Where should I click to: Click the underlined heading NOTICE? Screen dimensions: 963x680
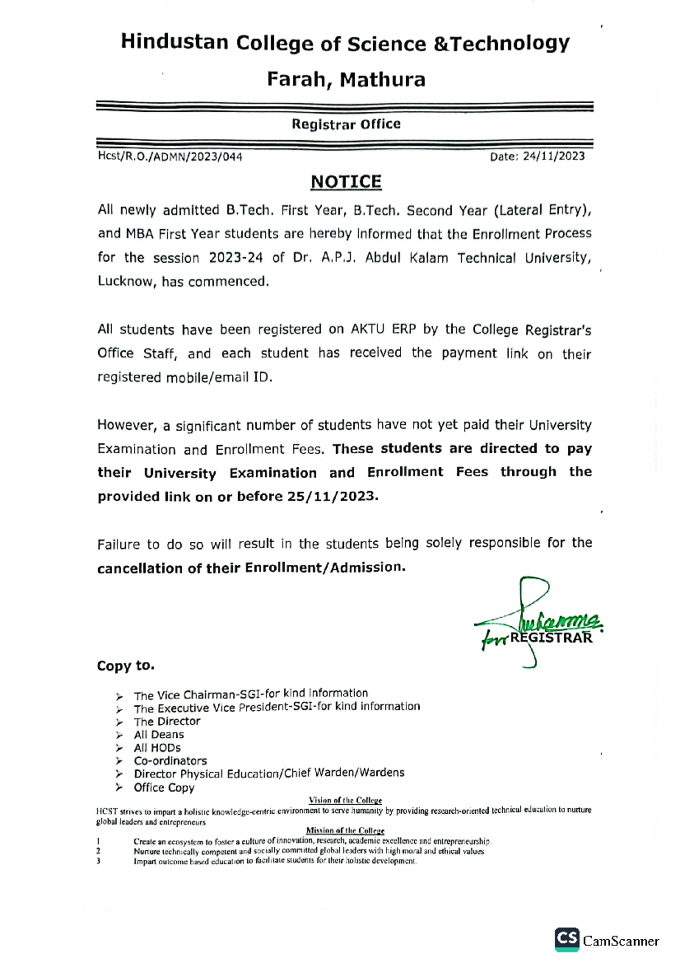pyautogui.click(x=346, y=182)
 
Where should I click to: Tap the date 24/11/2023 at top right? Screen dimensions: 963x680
pyautogui.click(x=554, y=157)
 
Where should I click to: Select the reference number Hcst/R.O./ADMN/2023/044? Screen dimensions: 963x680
pyautogui.click(x=170, y=157)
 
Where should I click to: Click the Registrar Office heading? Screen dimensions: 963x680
pyautogui.click(x=346, y=124)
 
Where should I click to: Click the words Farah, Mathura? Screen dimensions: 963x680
pyautogui.click(x=346, y=79)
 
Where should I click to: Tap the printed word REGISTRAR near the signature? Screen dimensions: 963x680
pyautogui.click(x=551, y=638)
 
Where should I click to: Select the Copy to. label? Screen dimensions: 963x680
pyautogui.click(x=125, y=666)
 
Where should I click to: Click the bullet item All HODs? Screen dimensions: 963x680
pyautogui.click(x=157, y=748)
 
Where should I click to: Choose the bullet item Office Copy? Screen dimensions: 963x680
pyautogui.click(x=164, y=788)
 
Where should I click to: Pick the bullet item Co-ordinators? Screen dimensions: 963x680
pyautogui.click(x=170, y=761)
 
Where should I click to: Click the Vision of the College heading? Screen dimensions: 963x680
pyautogui.click(x=345, y=800)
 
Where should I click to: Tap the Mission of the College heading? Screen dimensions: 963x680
pyautogui.click(x=345, y=831)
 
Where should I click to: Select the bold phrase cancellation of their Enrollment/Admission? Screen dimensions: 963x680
pyautogui.click(x=251, y=568)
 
